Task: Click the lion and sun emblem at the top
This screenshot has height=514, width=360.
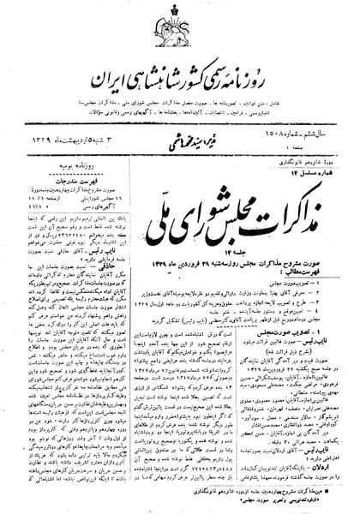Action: [182, 17]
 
